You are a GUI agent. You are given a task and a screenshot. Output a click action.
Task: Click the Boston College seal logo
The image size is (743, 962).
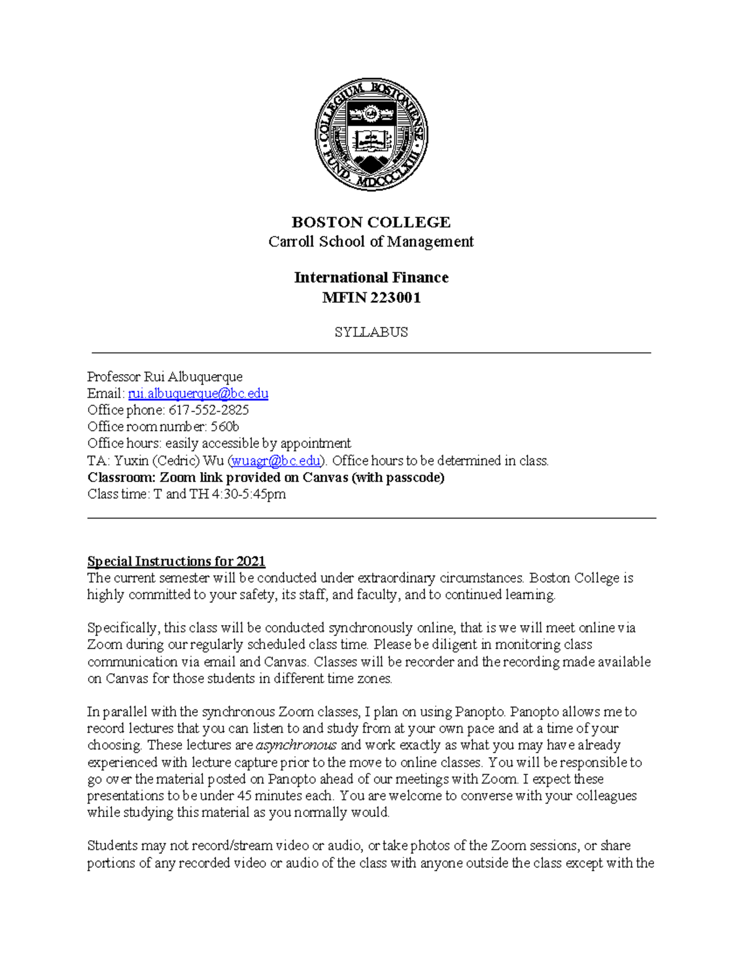pyautogui.click(x=371, y=134)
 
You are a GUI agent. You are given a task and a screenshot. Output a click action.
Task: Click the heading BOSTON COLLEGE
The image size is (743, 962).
pyautogui.click(x=371, y=222)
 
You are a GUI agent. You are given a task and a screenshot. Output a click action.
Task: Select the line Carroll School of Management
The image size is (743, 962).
pyautogui.click(x=371, y=242)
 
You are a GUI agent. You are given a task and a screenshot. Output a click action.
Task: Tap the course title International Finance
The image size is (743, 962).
pyautogui.click(x=371, y=278)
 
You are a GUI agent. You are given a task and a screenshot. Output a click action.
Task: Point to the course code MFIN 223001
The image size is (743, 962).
pyautogui.click(x=371, y=298)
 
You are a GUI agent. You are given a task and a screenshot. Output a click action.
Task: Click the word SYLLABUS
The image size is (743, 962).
pyautogui.click(x=371, y=332)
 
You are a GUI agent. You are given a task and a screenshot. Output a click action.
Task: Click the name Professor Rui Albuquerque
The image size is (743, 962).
pyautogui.click(x=165, y=377)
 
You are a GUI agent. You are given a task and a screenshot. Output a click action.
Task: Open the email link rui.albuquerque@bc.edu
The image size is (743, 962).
pyautogui.click(x=198, y=393)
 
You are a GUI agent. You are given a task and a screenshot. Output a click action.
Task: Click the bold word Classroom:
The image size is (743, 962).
pyautogui.click(x=121, y=478)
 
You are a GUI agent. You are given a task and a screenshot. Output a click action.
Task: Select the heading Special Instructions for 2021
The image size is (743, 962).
pyautogui.click(x=176, y=561)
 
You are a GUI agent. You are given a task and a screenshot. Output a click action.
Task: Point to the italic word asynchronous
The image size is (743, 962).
pyautogui.click(x=296, y=745)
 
